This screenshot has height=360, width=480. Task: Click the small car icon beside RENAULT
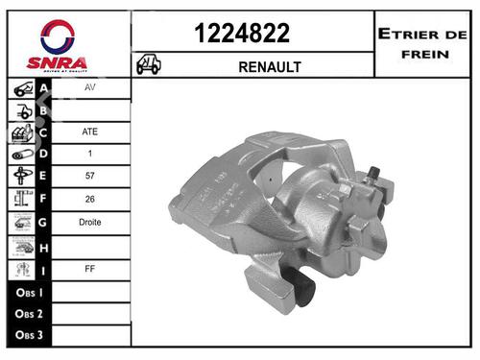[149, 65]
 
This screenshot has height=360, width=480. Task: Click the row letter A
[43, 85]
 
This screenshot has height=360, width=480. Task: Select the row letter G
[43, 223]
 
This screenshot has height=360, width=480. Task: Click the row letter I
[43, 269]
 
